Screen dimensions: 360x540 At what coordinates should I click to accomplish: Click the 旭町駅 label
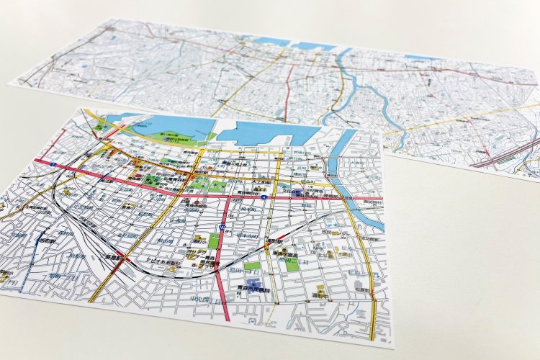(29, 240)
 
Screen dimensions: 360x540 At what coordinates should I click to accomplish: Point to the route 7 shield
(55, 166)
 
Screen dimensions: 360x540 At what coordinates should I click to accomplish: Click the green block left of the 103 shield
(213, 240)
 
